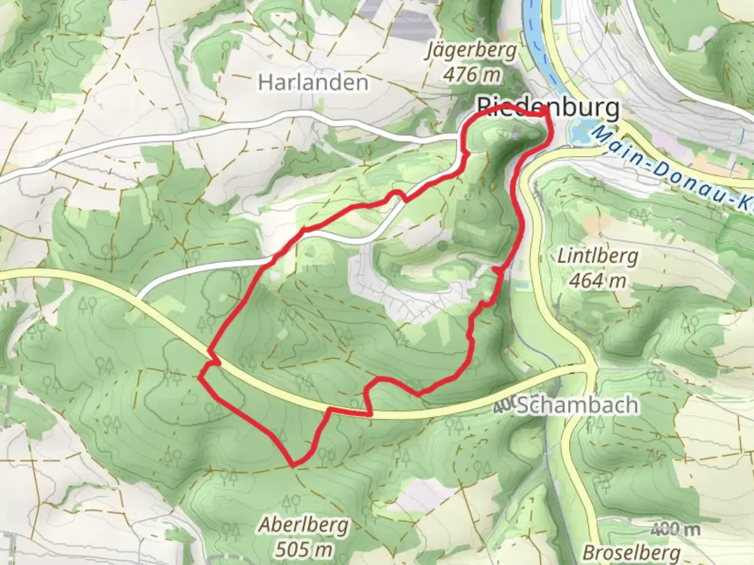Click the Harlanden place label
point(313,83)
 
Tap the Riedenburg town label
point(548,107)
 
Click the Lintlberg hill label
point(597,257)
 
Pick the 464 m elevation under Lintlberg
point(597,281)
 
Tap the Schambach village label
point(577,405)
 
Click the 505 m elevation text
point(304,549)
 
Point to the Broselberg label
point(631,552)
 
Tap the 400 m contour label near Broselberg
point(675,529)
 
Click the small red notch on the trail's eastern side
point(495,269)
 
